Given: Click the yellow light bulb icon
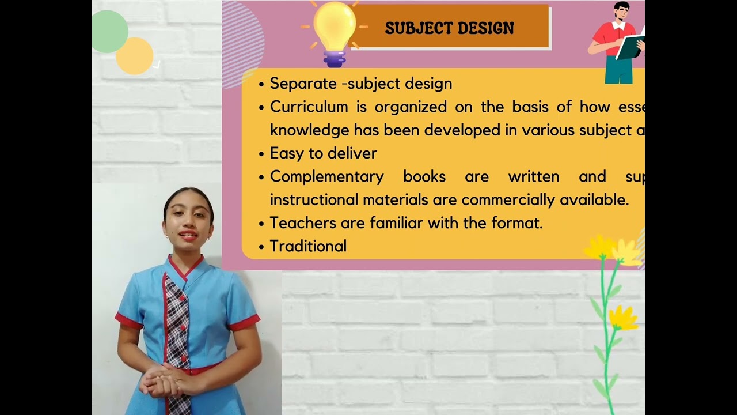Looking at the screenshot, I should point(334,29).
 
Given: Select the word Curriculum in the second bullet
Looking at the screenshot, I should point(309,107).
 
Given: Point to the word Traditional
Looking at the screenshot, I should point(308,246).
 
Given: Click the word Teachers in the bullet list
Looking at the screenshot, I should point(297,222).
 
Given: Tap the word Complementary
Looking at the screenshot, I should point(326,176).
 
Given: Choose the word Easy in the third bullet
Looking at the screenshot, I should point(286,153).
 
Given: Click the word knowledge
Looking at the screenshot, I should point(309,130).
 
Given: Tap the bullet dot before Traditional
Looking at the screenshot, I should point(261,247).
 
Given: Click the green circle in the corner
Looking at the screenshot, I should point(109,32).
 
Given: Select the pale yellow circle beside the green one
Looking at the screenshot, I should point(135,56).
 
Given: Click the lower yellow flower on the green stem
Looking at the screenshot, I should point(623,318).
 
